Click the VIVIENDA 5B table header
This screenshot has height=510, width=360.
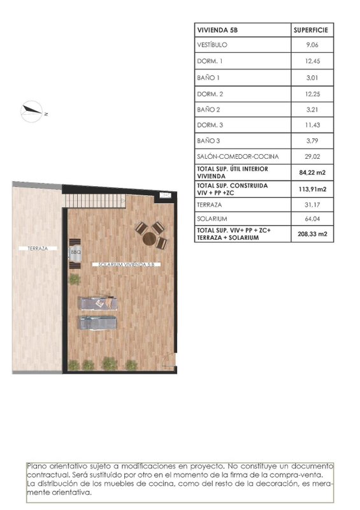click(217, 30)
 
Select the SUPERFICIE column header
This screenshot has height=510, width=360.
click(311, 30)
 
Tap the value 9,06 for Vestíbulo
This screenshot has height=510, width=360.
click(312, 45)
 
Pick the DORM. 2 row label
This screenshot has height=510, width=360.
click(210, 94)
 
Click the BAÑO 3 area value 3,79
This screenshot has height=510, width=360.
click(312, 141)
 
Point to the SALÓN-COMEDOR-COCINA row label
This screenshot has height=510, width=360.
click(238, 156)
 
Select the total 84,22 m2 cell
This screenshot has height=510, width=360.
click(312, 172)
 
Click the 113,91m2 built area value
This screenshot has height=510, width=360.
click(312, 189)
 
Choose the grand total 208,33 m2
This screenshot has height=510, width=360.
click(312, 234)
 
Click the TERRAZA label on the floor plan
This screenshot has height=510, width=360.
click(38, 249)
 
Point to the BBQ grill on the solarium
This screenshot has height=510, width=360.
click(75, 254)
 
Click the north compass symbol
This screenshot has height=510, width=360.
click(32, 112)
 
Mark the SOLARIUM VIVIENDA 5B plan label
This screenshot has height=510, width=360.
click(126, 265)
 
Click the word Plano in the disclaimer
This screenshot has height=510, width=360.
click(35, 467)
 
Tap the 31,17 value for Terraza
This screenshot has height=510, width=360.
click(312, 205)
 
